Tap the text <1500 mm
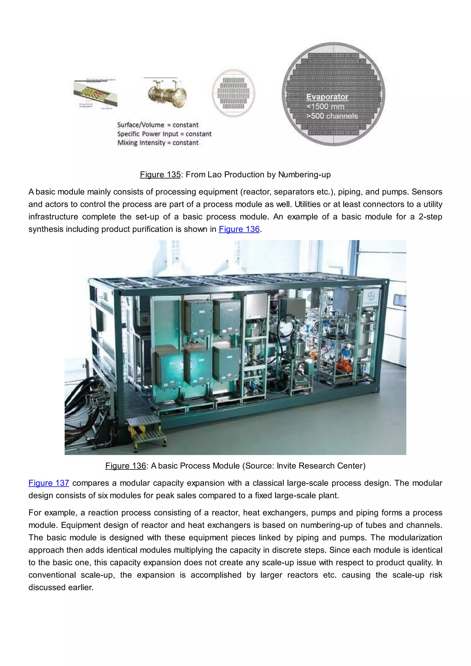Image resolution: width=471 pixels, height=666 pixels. tap(325, 106)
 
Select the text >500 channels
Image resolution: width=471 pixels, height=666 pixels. tap(332, 116)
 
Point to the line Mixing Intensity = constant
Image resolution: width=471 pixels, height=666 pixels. tap(158, 143)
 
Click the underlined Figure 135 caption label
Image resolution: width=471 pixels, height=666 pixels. tap(160, 175)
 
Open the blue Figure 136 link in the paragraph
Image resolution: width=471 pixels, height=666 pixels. tap(239, 229)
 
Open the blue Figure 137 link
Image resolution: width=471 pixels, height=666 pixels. tap(49, 483)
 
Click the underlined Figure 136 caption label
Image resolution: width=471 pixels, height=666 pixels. tap(126, 466)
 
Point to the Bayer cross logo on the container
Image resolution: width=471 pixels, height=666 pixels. tap(371, 296)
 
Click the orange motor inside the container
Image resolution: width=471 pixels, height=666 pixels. tap(344, 367)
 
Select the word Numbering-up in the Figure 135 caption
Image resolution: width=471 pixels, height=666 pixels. tap(304, 175)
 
